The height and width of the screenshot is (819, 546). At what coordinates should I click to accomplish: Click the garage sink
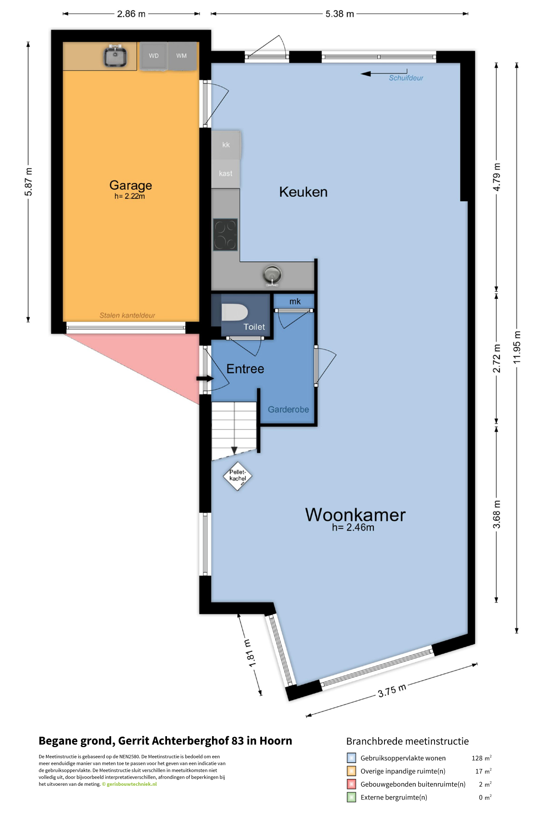115,56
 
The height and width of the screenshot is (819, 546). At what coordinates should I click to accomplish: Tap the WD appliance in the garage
154,56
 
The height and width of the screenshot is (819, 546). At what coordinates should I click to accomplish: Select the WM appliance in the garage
182,56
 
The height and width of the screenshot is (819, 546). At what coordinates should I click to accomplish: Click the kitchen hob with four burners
226,235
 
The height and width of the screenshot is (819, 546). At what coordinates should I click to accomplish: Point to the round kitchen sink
272,275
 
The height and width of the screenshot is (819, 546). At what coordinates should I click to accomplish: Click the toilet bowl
234,313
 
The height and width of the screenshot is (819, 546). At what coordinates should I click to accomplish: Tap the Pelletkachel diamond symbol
238,476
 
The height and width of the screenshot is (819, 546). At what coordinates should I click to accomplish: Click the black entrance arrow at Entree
205,379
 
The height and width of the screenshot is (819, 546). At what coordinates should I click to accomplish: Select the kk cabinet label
226,145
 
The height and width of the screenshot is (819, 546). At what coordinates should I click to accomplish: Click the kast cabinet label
226,173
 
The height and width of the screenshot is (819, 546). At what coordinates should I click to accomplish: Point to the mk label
295,301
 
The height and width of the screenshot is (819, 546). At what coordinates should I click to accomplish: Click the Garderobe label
288,409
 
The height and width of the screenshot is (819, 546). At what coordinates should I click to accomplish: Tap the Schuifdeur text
406,78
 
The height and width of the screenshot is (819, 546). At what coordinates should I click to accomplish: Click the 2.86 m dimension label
131,14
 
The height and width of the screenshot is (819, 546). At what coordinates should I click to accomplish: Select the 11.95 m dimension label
517,348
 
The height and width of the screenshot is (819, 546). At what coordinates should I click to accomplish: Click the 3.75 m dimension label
392,691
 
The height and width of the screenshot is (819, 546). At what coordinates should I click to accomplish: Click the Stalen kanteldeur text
127,315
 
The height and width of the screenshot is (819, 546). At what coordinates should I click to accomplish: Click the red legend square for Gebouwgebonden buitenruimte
351,784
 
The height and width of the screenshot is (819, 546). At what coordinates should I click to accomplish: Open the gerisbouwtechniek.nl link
131,784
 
